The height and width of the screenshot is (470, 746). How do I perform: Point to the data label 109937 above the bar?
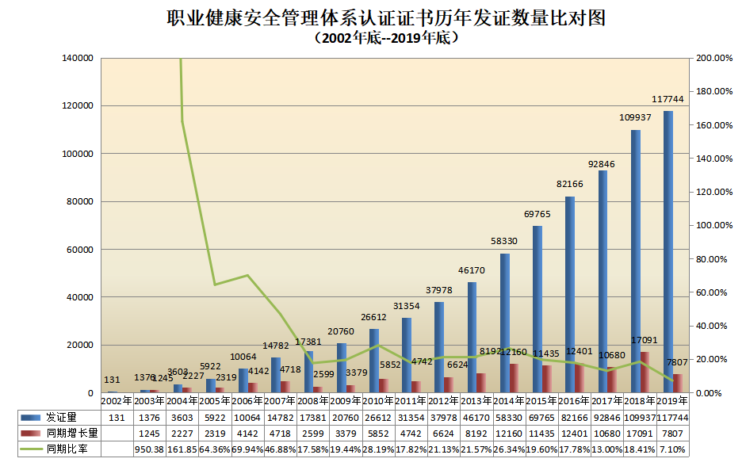(635, 117)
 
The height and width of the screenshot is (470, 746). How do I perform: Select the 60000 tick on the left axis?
(81, 250)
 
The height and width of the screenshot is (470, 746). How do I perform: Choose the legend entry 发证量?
(60, 417)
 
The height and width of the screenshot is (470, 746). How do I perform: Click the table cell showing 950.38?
(149, 449)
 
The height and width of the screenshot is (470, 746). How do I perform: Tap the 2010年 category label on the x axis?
(377, 401)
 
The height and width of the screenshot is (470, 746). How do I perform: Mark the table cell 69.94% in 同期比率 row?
(247, 449)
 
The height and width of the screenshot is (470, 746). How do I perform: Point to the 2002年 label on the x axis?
(117, 401)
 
